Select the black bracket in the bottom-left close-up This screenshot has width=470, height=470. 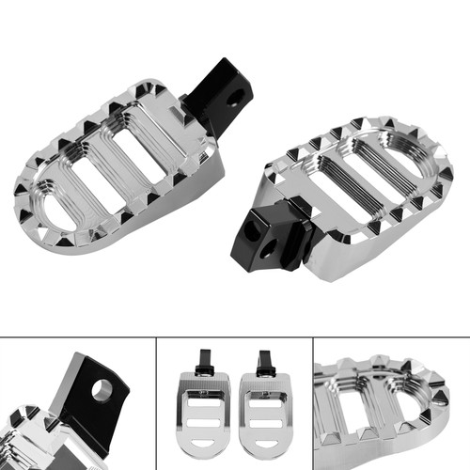94,399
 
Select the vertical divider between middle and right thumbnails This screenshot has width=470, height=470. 313,404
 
